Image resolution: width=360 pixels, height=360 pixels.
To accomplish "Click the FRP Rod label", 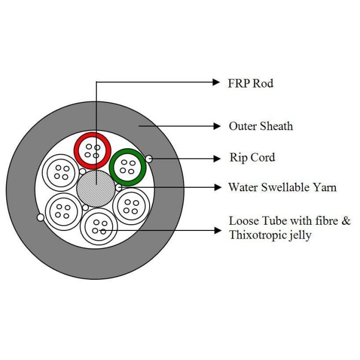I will click(x=250, y=83).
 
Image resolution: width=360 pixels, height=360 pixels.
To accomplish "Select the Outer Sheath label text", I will click(x=261, y=126).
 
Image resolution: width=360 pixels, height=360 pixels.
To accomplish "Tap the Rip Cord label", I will click(x=252, y=157).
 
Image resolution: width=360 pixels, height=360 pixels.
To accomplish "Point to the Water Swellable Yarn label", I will click(x=282, y=187).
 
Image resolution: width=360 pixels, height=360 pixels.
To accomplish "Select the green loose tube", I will click(x=128, y=167).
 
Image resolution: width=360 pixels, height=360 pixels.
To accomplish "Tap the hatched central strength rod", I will click(x=96, y=189).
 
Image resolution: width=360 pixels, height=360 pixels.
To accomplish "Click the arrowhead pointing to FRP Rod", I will click(x=217, y=82).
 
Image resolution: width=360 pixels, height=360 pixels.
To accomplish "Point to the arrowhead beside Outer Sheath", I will click(x=217, y=125).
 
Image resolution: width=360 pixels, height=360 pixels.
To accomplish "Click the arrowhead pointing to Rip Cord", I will click(x=217, y=159).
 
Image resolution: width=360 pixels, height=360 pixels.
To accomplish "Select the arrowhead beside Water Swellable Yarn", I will click(x=217, y=188).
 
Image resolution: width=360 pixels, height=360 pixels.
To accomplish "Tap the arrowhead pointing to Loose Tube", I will click(x=217, y=231).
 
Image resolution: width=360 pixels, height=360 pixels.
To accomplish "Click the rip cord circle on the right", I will click(x=149, y=159).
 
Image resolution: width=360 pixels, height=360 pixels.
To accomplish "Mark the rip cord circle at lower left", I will click(x=41, y=218).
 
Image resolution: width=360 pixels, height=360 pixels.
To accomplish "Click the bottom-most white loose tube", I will click(x=99, y=227).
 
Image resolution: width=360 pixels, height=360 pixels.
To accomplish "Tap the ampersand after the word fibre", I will click(x=346, y=222).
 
